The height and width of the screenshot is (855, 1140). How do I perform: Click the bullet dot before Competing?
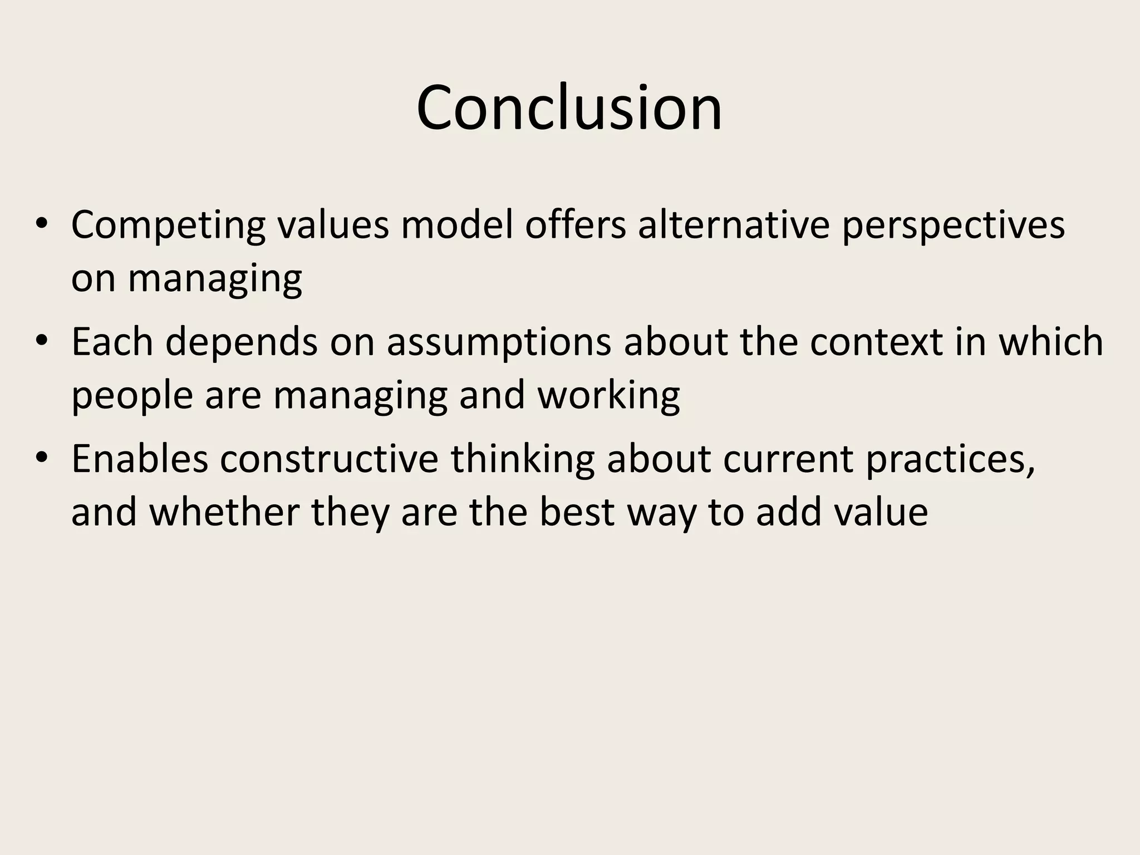click(42, 224)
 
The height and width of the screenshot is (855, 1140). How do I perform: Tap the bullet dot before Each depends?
click(42, 341)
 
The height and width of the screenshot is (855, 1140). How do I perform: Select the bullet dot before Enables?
click(42, 458)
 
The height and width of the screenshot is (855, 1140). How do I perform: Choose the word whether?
click(225, 512)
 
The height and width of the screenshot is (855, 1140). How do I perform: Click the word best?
click(577, 512)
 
